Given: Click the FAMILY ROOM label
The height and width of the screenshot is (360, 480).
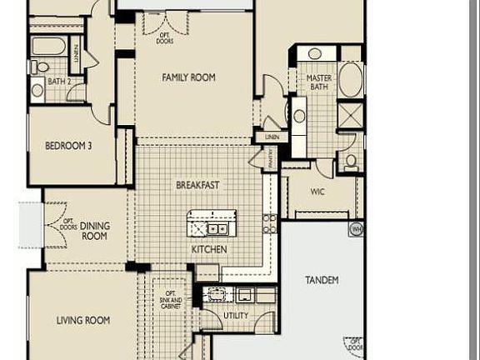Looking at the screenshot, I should [188, 77].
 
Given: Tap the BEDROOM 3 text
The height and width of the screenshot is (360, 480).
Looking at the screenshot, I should [68, 146].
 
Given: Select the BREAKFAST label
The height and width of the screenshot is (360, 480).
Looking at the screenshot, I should [197, 185].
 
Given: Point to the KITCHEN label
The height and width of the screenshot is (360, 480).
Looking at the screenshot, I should [208, 249].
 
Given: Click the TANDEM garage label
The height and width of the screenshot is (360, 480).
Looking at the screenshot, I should [322, 280].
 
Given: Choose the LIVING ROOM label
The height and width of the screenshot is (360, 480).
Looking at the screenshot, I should [84, 320].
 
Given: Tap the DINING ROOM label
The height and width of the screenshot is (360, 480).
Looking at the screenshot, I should [94, 231].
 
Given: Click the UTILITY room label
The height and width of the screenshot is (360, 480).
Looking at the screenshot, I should [236, 317].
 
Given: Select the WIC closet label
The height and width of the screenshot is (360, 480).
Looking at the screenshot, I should [317, 192].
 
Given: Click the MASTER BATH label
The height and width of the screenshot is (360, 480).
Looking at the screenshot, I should [318, 82].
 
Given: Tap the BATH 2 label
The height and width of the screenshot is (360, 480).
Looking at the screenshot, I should [58, 82].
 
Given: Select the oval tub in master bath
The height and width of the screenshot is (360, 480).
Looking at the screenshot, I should [350, 80].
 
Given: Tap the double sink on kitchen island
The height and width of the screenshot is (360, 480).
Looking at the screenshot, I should [217, 228].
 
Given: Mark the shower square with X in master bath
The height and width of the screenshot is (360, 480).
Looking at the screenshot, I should [350, 114].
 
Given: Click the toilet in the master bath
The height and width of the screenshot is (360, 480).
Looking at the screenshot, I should [351, 160].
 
